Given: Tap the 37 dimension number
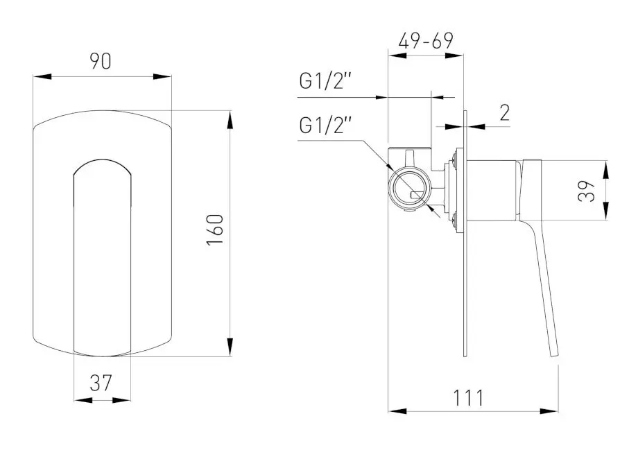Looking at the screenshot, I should coord(101,383).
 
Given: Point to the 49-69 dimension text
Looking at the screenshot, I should coord(424,42).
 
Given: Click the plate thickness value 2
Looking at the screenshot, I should coord(504,112).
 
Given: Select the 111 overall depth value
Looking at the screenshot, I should coord(468,398).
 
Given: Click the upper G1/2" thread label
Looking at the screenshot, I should coord(326,82).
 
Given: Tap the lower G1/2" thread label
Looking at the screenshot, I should coord(326,126).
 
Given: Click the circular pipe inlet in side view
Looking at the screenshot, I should coord(411,189).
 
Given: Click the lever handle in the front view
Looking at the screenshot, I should coord(102,257).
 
